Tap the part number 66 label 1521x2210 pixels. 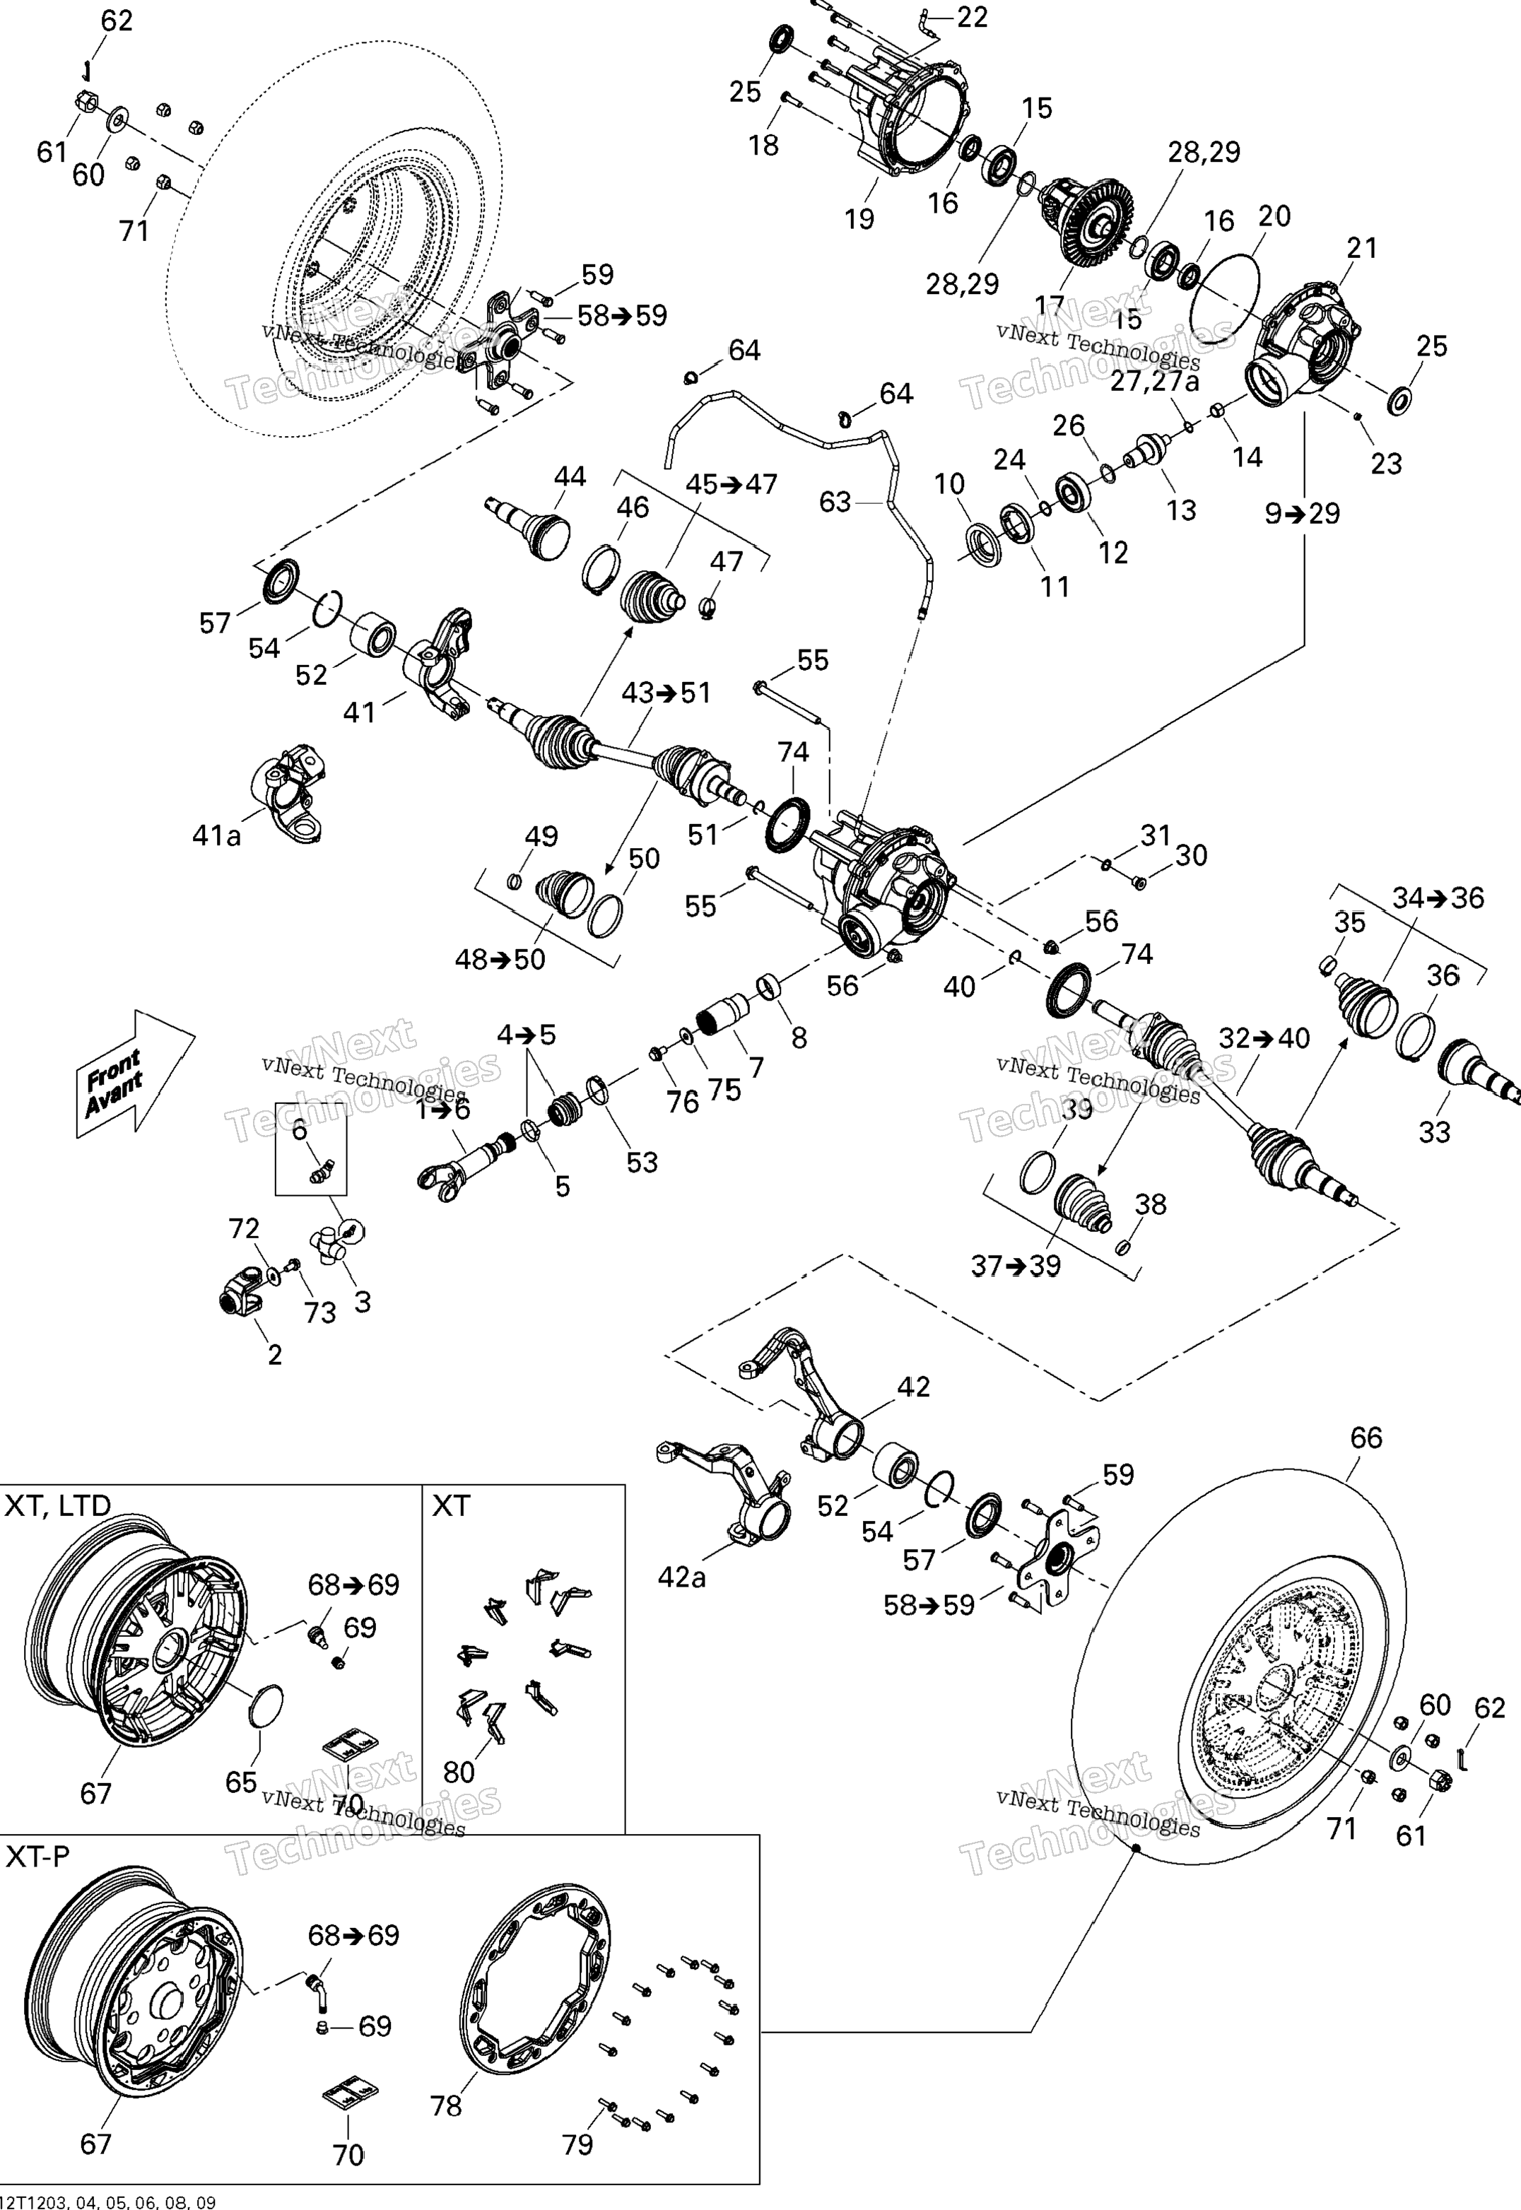1366,1438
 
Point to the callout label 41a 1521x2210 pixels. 216,836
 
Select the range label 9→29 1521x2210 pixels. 1302,514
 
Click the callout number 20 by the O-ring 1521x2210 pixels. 1274,216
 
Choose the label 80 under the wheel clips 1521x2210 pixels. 459,1772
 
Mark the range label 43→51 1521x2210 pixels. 666,693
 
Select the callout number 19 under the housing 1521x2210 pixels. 859,219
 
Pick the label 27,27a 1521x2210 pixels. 1155,380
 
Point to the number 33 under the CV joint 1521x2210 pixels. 1434,1132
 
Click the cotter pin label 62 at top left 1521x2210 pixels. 117,20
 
